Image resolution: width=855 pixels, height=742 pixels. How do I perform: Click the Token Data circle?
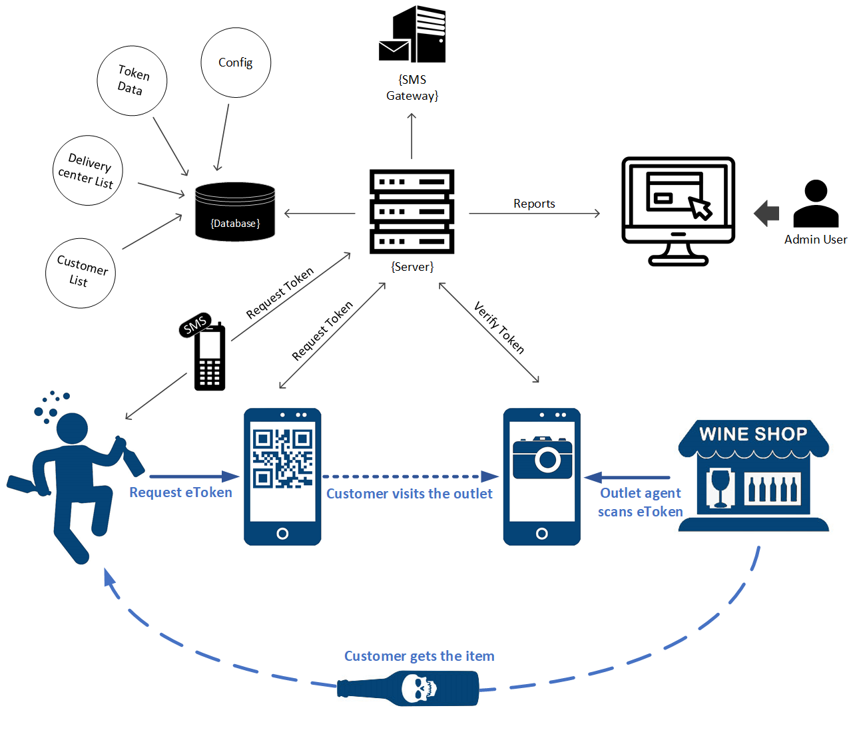coord(132,81)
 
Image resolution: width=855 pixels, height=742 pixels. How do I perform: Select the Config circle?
coord(236,63)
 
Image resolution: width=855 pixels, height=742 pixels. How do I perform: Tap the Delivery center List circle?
coord(87,170)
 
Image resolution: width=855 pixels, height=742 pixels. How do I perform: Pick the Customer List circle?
coord(81,273)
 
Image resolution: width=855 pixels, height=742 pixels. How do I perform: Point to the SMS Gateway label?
coord(412,88)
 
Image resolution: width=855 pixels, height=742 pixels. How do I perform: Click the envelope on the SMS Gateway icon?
coord(394,50)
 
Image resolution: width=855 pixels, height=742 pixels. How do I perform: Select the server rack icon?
coord(412,212)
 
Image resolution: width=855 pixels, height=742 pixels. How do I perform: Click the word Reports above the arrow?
coord(534,204)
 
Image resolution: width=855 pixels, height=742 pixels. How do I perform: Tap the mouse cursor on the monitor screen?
coord(700,208)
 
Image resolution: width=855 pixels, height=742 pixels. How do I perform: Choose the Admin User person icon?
coord(816,204)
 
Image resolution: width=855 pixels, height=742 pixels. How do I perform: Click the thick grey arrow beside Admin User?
coord(766,213)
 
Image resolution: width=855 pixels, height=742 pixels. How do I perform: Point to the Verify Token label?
coord(499,327)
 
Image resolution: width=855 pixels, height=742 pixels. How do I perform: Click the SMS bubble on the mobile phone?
coord(195,325)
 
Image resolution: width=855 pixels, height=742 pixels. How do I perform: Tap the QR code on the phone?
coord(282,459)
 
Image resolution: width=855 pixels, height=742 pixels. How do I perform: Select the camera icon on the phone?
coord(542,458)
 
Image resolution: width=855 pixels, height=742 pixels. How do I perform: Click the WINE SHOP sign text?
coord(753,435)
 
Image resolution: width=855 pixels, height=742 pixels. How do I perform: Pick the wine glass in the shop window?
coord(720,487)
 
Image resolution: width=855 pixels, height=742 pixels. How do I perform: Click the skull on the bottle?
coord(418,688)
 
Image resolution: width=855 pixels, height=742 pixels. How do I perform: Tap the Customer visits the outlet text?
coord(409,494)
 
